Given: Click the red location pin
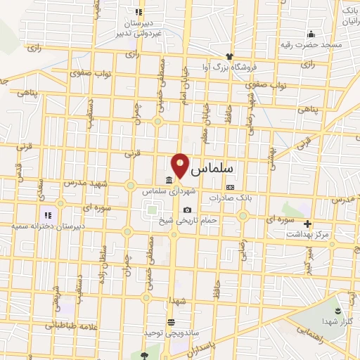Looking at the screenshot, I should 181,165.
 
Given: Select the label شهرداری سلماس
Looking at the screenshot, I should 167,191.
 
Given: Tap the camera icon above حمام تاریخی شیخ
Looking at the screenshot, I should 186,210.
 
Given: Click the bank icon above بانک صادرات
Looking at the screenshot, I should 230,187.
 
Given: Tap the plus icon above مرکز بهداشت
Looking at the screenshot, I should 307,223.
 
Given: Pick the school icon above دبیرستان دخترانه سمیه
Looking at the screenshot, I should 48,215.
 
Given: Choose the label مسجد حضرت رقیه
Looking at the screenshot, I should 312,44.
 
